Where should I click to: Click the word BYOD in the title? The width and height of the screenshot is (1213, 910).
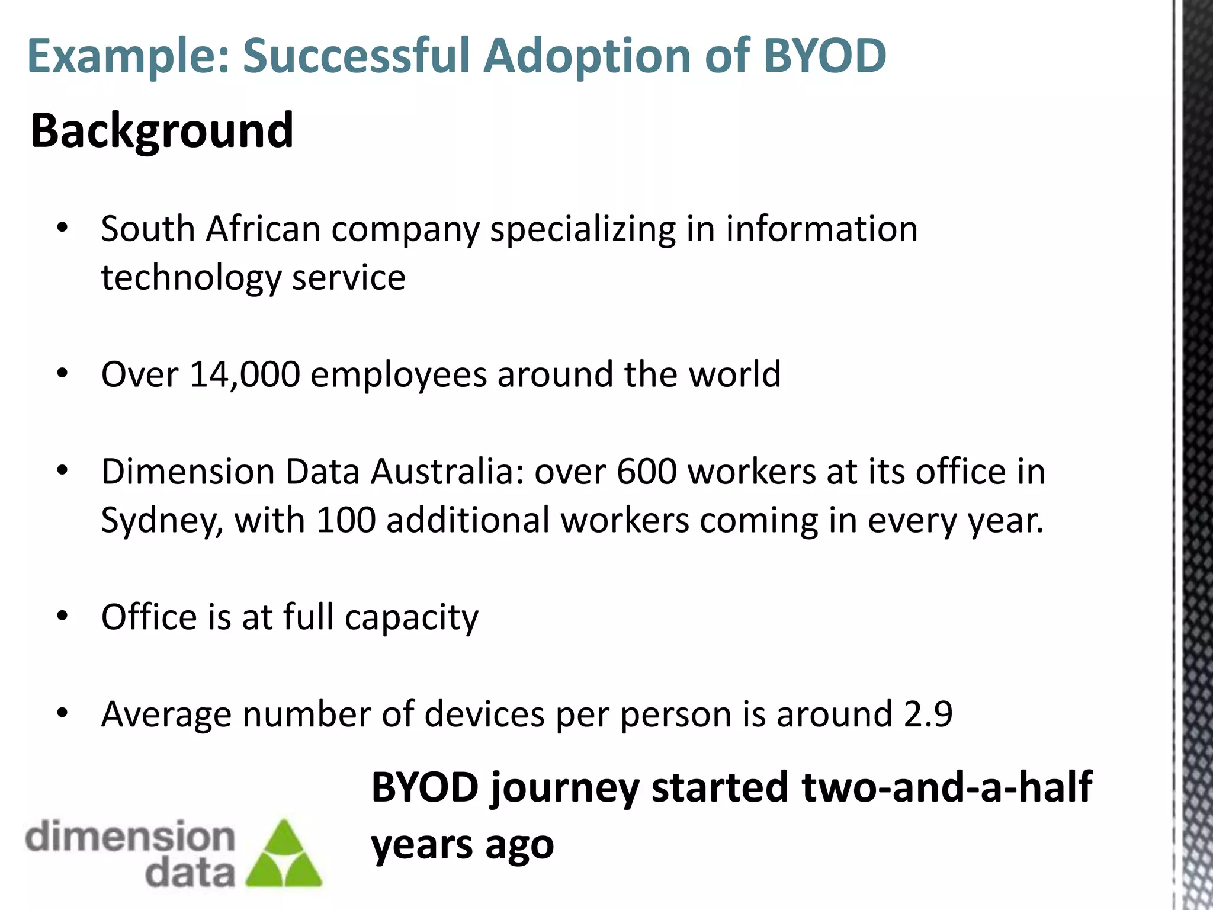[x=824, y=56]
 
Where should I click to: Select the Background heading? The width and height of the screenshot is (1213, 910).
[x=162, y=130]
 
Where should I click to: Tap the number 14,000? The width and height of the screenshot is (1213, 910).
[x=245, y=374]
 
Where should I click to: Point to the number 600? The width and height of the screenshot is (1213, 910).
[x=646, y=472]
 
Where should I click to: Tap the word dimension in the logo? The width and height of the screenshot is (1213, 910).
[x=130, y=836]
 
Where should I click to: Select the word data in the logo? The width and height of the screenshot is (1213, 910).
[x=190, y=873]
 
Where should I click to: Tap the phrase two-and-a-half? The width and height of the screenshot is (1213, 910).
[x=946, y=787]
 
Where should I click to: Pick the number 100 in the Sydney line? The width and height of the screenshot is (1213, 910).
[x=346, y=520]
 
